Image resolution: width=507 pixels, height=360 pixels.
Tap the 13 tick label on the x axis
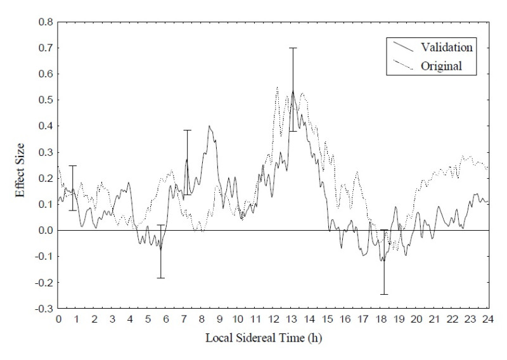point(292,319)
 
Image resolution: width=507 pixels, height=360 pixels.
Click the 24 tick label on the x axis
point(489,319)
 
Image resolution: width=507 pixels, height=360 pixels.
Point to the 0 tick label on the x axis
point(58,319)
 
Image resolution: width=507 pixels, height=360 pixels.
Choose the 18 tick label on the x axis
point(382,319)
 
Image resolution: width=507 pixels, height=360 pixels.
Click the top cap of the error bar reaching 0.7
point(293,48)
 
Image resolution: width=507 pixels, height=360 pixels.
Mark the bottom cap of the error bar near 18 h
point(384,294)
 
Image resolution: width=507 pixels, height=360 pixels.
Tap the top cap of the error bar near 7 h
point(187,130)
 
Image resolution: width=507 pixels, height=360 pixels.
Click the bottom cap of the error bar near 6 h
point(161,278)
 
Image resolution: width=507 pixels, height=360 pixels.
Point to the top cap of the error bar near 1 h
point(73,165)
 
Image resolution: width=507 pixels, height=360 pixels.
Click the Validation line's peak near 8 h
point(209,125)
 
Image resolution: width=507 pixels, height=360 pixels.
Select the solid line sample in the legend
point(402,47)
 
